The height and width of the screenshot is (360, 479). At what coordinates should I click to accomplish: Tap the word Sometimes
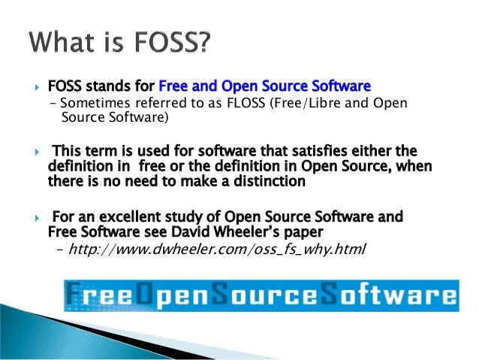pos(90,103)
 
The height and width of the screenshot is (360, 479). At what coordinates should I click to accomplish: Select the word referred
pos(156,103)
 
